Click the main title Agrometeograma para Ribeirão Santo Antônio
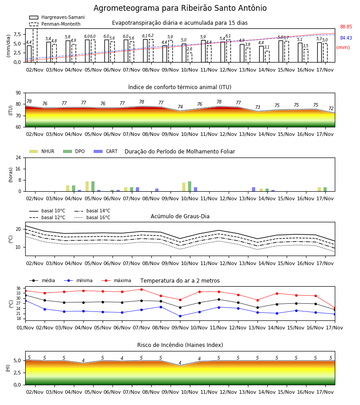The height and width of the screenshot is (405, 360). coord(180,8)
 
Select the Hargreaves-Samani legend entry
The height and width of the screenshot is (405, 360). coord(57,17)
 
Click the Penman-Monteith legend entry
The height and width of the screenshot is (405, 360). coord(55,24)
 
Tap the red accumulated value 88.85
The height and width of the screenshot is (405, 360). coord(346,27)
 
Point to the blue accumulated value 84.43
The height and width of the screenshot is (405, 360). coord(346,38)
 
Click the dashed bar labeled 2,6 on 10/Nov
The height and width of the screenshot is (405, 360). coord(190,57)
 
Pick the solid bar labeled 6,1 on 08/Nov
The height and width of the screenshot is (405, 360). coord(145,50)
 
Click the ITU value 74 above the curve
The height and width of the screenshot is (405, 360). coord(180,107)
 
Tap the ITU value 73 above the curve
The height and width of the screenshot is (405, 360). coord(258,107)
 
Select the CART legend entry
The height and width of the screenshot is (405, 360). coord(106,151)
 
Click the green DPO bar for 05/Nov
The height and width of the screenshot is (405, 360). coord(93,186)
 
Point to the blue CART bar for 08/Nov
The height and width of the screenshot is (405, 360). coord(157,190)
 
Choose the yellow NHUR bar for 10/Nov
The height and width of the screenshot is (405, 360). coord(184,187)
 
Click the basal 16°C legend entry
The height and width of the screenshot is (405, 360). coord(92,217)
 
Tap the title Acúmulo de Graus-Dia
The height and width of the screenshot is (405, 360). coord(180,216)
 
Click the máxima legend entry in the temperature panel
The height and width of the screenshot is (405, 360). coord(116,280)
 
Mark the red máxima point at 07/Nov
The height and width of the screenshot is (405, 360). coord(141,289)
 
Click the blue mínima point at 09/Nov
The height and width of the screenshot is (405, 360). coord(180,316)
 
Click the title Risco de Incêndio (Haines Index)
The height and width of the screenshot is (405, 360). coord(180,345)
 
